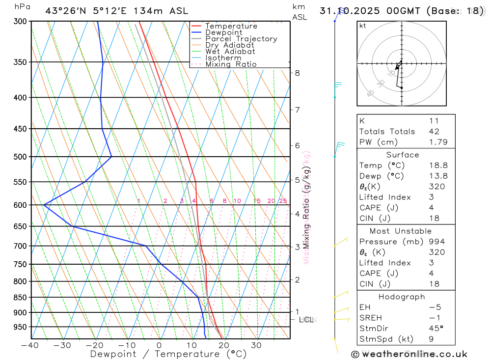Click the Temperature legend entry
(x=231, y=26)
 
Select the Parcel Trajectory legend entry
(x=241, y=39)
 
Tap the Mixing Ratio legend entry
(x=231, y=64)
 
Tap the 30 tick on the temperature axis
(x=256, y=345)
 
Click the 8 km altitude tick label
(x=298, y=73)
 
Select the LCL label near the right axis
(x=306, y=320)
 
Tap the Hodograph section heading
(x=402, y=297)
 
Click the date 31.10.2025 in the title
(x=349, y=11)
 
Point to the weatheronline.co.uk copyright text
(x=409, y=354)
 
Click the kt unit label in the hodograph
(x=362, y=26)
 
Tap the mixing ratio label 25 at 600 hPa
(x=283, y=201)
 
